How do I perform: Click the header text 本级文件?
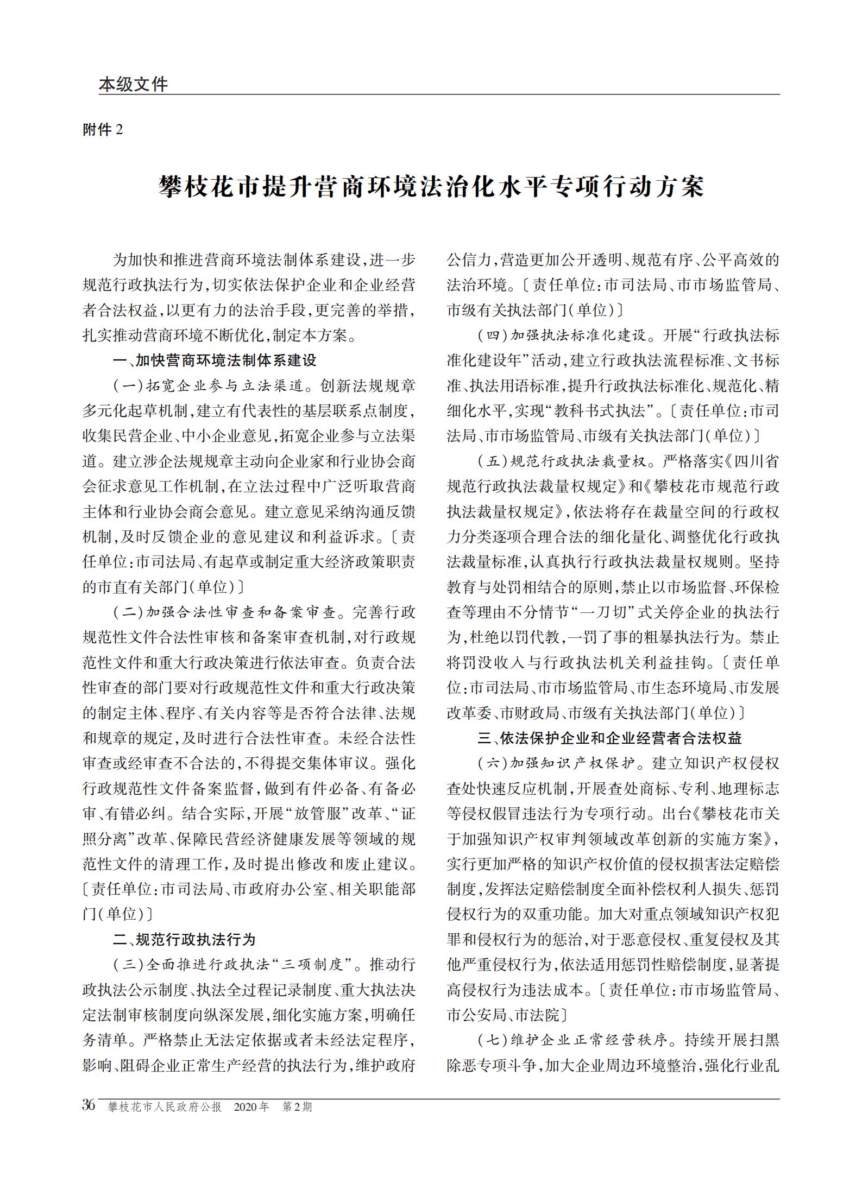(x=133, y=84)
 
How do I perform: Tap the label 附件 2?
(x=103, y=130)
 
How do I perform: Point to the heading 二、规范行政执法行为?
(x=184, y=939)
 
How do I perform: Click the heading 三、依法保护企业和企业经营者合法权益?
(x=609, y=738)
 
